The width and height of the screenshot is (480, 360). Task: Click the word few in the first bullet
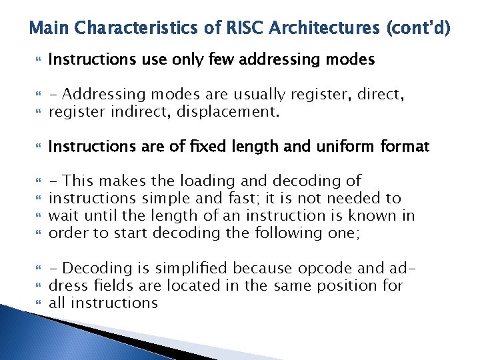click(x=221, y=60)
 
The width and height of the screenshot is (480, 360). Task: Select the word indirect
click(x=139, y=112)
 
